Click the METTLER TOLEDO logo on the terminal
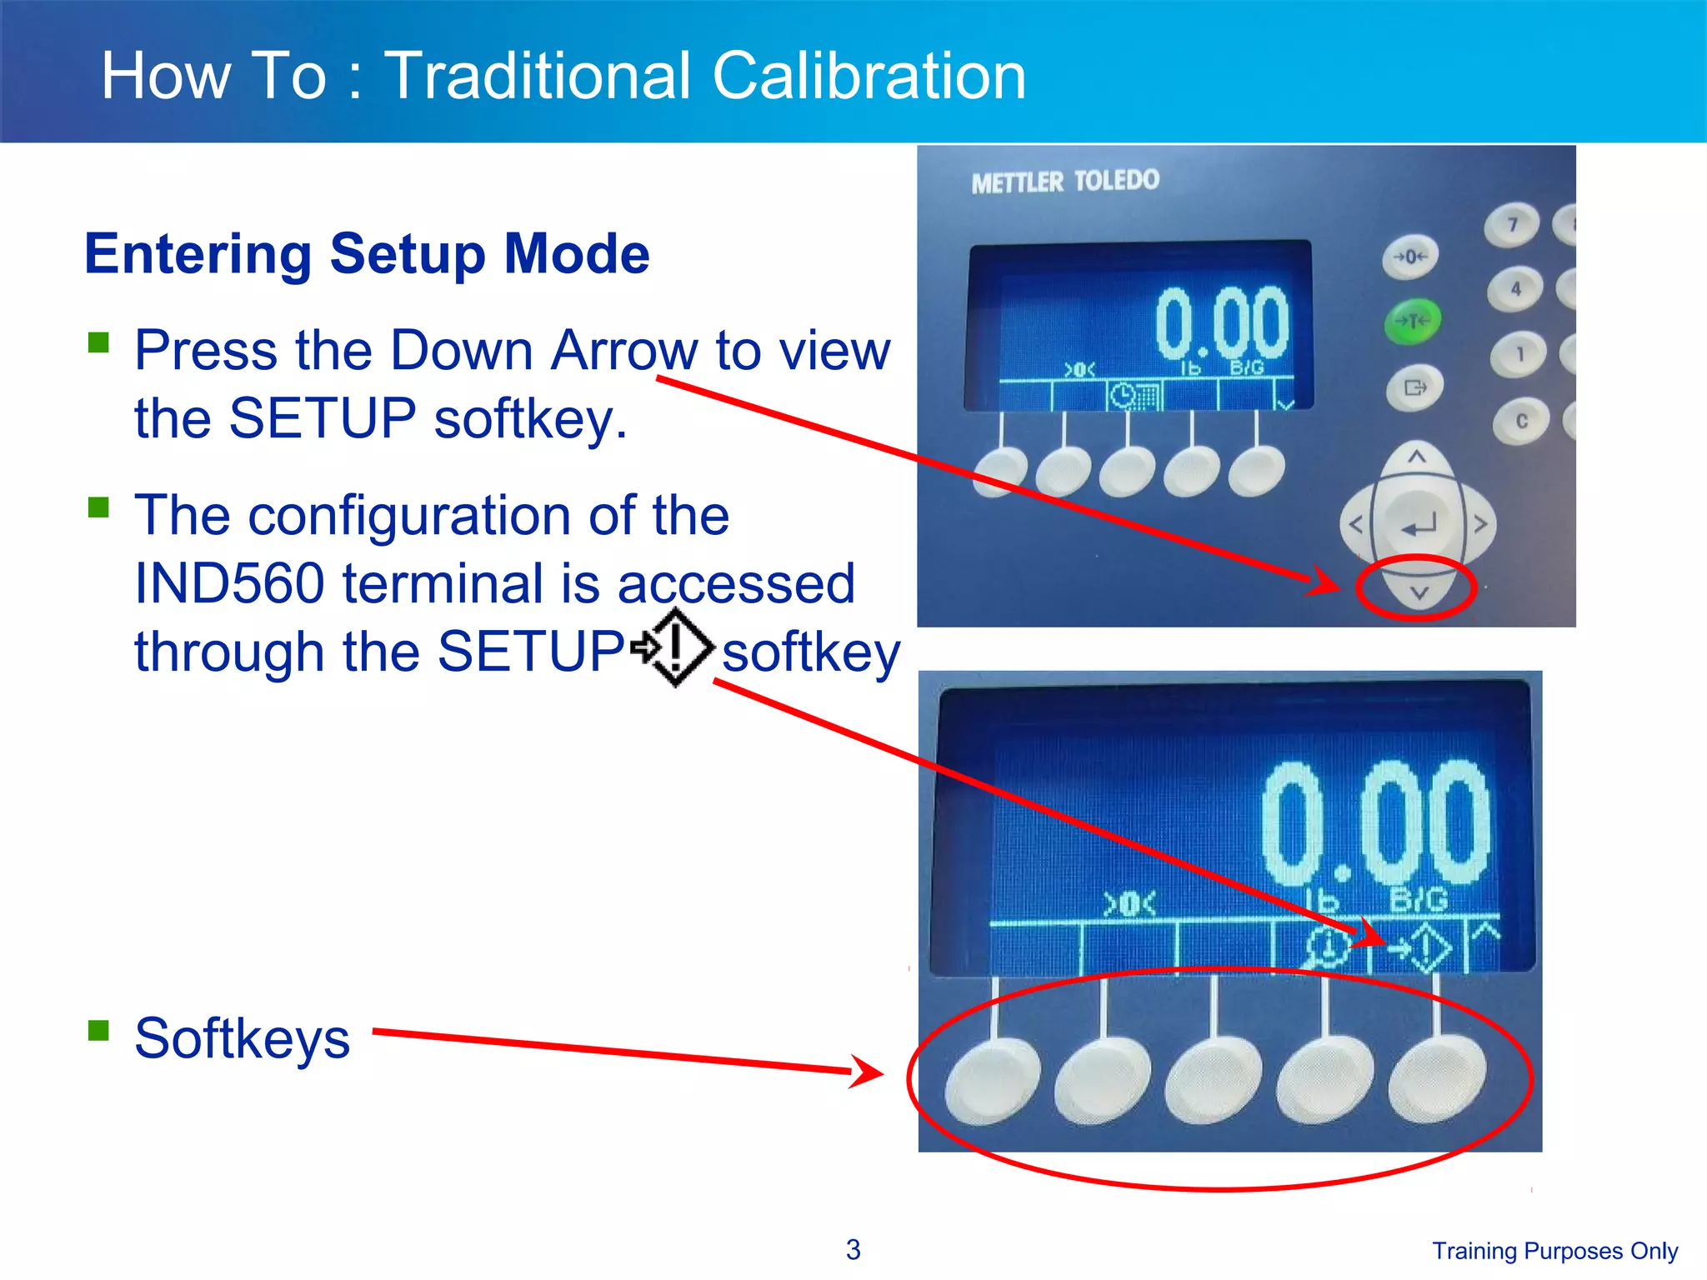click(x=1064, y=181)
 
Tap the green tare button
click(x=1412, y=321)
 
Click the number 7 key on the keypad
click(x=1511, y=225)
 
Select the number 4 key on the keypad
click(x=1515, y=289)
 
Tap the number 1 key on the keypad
click(x=1519, y=354)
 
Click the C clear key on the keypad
click(x=1521, y=421)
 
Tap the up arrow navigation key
click(x=1417, y=457)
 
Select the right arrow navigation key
click(x=1479, y=524)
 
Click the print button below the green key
click(x=1415, y=387)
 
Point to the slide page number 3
click(x=853, y=1249)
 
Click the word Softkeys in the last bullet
click(x=242, y=1038)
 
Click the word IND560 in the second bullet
click(x=229, y=582)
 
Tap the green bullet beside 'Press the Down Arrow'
click(x=99, y=342)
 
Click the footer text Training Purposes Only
click(x=1554, y=1251)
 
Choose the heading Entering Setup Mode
click(x=367, y=253)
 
